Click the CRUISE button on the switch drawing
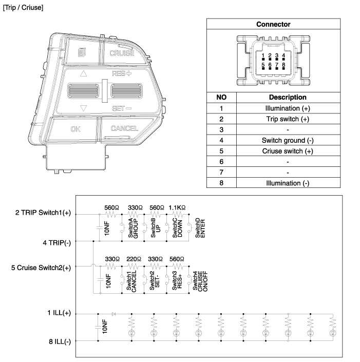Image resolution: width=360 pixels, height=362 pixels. [122, 53]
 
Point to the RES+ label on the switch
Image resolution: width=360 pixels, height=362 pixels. [122, 73]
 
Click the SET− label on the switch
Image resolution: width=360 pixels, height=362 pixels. [122, 108]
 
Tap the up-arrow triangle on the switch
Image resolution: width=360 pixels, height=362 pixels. [83, 73]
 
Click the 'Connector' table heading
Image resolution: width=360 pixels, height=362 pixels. [273, 24]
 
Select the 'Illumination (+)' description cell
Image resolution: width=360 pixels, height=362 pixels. [288, 108]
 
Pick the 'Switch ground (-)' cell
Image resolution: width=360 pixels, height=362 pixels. [288, 140]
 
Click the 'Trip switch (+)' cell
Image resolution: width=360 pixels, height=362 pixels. [288, 119]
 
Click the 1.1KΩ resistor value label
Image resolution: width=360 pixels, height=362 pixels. [177, 208]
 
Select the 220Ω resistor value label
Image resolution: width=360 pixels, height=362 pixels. [134, 259]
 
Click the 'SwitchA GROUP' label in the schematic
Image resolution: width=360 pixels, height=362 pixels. [133, 228]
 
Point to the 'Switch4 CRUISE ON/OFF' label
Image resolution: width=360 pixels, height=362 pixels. [200, 281]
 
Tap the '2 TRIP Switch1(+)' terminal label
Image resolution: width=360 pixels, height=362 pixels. [43, 213]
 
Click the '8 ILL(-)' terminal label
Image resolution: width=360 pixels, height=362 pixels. [60, 341]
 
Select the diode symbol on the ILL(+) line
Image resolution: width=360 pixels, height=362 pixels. [113, 314]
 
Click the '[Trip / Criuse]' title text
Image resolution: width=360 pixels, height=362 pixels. [23, 8]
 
